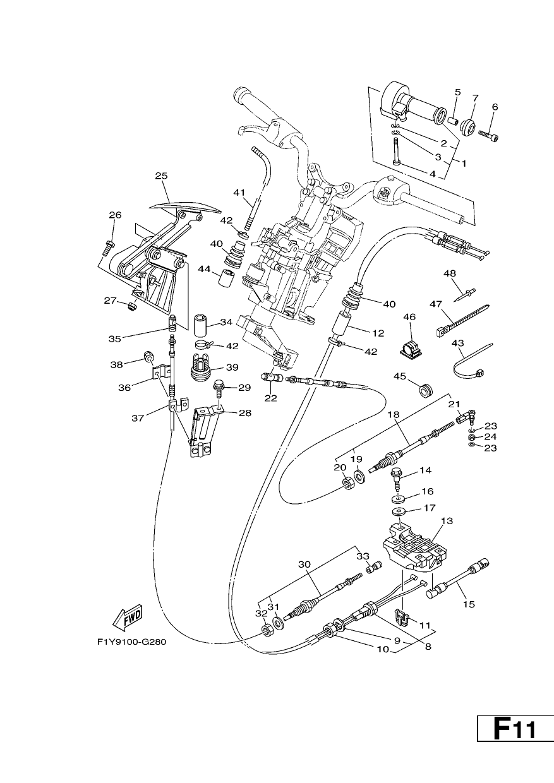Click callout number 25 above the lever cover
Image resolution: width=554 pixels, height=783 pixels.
click(162, 176)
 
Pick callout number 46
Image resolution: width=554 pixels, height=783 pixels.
click(409, 317)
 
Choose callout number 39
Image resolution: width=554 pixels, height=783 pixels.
click(232, 368)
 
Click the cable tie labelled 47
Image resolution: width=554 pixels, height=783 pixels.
click(462, 321)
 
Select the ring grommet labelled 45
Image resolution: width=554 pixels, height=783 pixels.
click(426, 390)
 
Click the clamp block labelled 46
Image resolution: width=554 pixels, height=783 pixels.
click(409, 350)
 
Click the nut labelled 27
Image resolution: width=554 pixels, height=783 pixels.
click(132, 306)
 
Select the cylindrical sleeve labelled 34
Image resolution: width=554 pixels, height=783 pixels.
click(201, 325)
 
